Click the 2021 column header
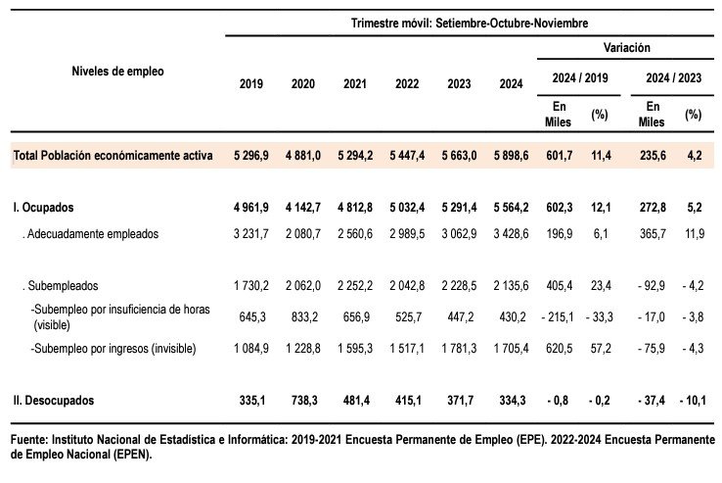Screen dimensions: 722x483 [355, 84]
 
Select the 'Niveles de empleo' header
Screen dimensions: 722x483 [117, 72]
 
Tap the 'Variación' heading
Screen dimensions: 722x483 [627, 47]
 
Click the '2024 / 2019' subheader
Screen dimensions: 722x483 [580, 77]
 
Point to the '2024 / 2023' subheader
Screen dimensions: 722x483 [674, 77]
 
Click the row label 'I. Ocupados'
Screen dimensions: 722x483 [43, 208]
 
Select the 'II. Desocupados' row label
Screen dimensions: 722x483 [54, 400]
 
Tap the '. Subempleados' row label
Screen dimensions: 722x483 [61, 286]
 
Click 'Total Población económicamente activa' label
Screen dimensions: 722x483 [113, 156]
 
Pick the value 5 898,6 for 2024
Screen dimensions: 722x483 [511, 156]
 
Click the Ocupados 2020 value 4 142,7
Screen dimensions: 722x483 [303, 208]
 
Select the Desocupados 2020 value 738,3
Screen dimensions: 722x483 [304, 400]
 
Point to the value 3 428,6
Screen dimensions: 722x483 [511, 234]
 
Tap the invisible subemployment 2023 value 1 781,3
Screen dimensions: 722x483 [459, 349]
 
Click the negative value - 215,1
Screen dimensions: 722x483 [558, 316]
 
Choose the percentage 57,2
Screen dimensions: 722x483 [601, 349]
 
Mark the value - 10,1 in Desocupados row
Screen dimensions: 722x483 [693, 400]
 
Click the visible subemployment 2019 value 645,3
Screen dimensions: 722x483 [252, 316]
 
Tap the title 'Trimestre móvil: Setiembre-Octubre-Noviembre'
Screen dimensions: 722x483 [470, 24]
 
